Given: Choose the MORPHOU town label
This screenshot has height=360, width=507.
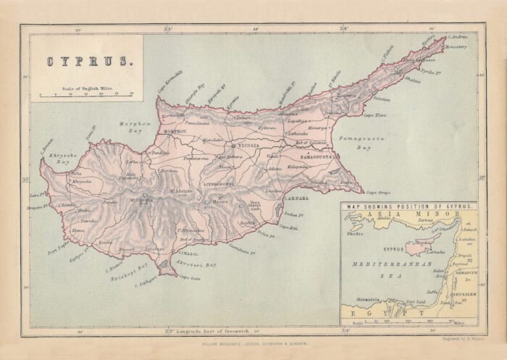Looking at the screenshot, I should [x=175, y=132].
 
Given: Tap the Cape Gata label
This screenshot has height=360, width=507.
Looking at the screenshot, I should [x=190, y=278].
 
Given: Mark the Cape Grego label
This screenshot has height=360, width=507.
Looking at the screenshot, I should [x=378, y=193].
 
